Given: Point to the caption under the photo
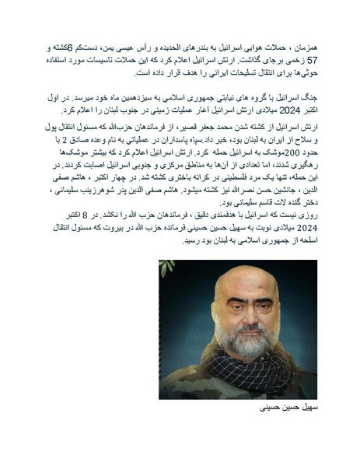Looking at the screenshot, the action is tap(277, 408).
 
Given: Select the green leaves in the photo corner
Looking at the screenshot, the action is tap(165, 268).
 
